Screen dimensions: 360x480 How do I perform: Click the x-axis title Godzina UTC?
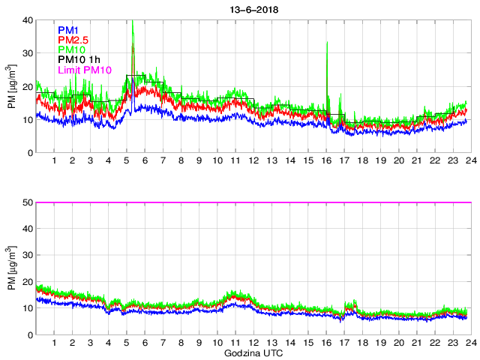[x=252, y=352]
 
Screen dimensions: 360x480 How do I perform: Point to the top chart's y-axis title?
[x=12, y=86]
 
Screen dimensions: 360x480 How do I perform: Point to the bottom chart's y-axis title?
[x=12, y=268]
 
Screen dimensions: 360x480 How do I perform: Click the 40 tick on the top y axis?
[x=28, y=20]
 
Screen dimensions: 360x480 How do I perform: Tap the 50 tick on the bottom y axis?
[x=28, y=202]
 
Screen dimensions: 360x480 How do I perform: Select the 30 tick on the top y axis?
[x=28, y=53]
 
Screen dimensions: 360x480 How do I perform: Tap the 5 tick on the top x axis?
[x=127, y=160]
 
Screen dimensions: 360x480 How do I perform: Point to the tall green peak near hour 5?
[x=133, y=22]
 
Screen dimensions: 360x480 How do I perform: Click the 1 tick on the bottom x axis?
[x=55, y=343]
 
